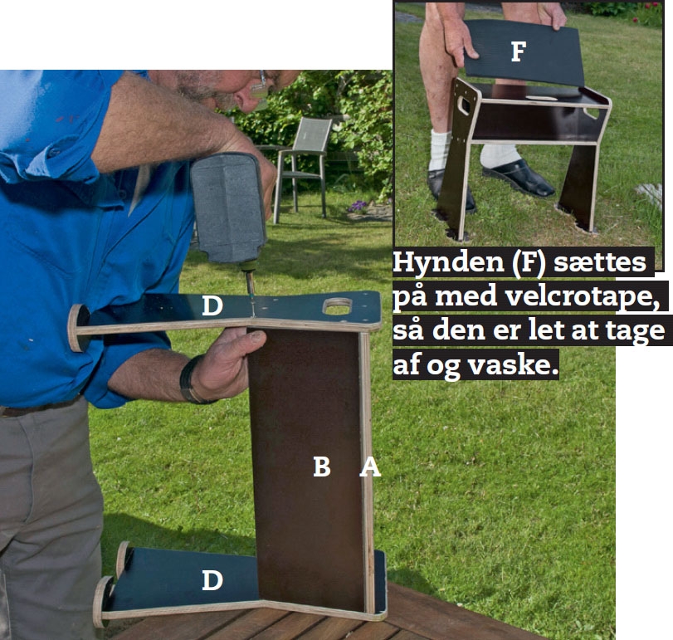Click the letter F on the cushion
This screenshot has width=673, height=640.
click(x=519, y=51)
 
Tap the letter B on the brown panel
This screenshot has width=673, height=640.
click(x=322, y=467)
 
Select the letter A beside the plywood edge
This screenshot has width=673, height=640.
click(x=370, y=467)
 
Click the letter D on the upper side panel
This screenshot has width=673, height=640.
click(x=212, y=305)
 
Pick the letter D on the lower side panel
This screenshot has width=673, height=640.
click(x=212, y=580)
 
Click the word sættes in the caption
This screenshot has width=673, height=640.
click(x=600, y=261)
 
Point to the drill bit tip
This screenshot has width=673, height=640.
click(x=253, y=315)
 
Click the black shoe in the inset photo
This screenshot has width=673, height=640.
click(x=519, y=178)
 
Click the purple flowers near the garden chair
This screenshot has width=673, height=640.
click(x=358, y=207)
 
